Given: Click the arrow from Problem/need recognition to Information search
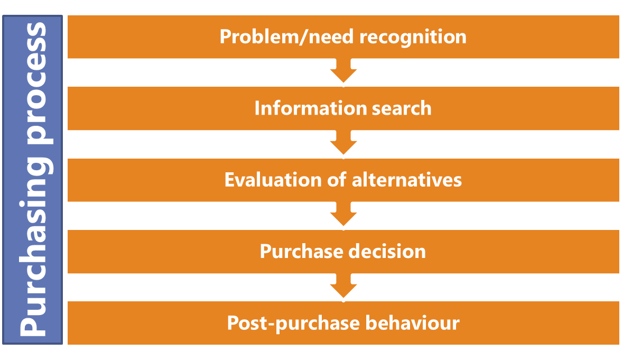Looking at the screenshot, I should (x=343, y=72).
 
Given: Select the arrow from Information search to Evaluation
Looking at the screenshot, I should (x=343, y=144).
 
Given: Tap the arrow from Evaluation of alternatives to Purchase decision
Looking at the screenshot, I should (x=343, y=215).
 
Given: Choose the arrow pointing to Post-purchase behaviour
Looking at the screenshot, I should (x=343, y=287).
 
